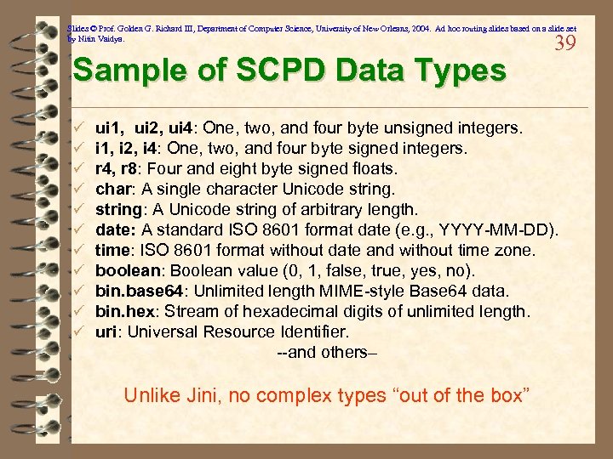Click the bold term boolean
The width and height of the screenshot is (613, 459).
[x=127, y=270]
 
